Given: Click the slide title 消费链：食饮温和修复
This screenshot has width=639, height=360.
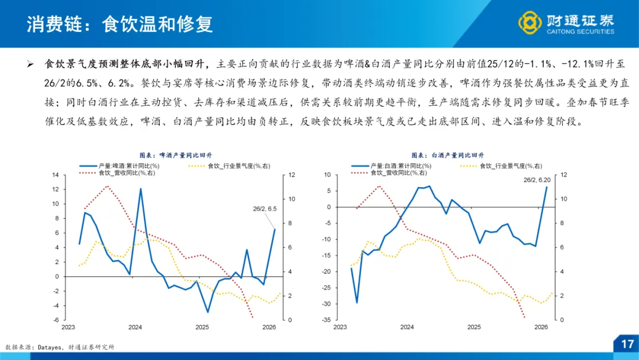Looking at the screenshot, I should tap(119, 24).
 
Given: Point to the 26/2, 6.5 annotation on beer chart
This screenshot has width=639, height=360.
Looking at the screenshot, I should tap(264, 208).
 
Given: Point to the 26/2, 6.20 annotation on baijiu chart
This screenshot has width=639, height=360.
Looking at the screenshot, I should tap(537, 179).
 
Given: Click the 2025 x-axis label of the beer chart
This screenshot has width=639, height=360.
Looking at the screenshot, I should tap(202, 327).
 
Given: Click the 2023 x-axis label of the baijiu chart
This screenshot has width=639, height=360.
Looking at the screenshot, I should tap(340, 327).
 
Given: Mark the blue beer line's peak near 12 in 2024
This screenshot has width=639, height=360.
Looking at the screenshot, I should tap(141, 189).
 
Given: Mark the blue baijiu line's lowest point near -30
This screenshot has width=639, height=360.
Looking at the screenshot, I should tap(356, 303).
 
